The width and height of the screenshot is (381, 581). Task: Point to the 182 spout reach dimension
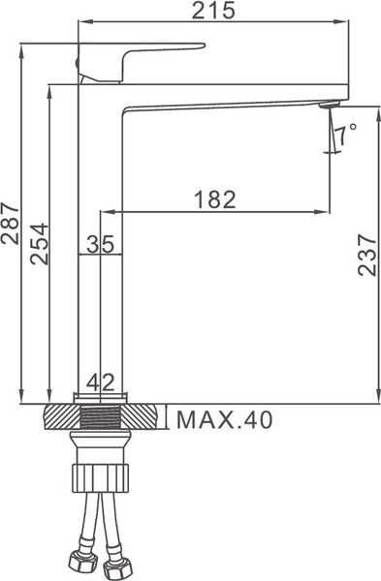[x=215, y=199]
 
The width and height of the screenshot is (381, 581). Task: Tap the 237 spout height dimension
[x=367, y=255]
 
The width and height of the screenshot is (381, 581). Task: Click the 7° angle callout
[x=346, y=129]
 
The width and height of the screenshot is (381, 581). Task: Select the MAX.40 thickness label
[x=224, y=419]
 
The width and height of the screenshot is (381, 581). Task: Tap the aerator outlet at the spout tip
[x=328, y=106]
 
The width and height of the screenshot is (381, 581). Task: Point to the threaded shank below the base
[x=101, y=419]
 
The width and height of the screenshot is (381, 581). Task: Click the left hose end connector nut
[x=76, y=561]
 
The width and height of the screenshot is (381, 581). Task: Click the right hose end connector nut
[x=125, y=561]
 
